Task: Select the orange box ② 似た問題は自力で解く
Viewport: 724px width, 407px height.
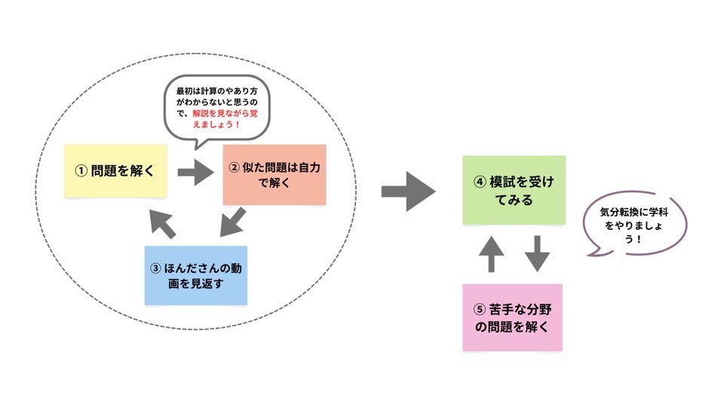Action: click(x=275, y=174)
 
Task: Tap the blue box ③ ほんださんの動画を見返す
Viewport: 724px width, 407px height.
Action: click(x=195, y=275)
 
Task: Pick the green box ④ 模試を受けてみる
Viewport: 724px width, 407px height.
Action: click(x=514, y=190)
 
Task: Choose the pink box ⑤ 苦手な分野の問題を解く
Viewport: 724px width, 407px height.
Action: click(x=511, y=317)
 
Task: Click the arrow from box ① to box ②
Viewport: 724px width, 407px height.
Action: click(x=195, y=172)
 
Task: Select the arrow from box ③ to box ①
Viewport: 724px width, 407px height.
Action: click(x=162, y=222)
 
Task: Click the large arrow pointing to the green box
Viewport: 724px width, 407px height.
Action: click(x=408, y=192)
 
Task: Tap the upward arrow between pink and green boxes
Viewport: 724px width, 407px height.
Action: click(x=490, y=253)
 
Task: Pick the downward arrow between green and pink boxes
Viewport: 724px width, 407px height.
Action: click(x=537, y=253)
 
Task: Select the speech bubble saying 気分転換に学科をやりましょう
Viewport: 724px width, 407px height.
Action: click(x=633, y=224)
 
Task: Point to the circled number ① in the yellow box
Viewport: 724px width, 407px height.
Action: click(x=81, y=171)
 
